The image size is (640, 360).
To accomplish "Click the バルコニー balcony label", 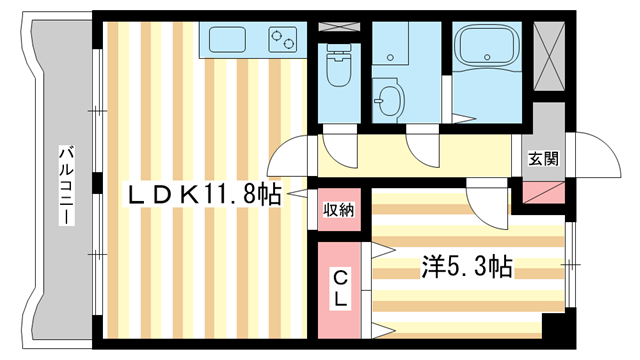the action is click(68, 186).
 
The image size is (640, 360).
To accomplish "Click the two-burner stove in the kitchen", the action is click(283, 39).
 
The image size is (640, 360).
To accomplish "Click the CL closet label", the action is click(340, 287).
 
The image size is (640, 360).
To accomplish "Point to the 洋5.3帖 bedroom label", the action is click(468, 267).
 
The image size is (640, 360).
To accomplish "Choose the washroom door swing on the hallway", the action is click(420, 151).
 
